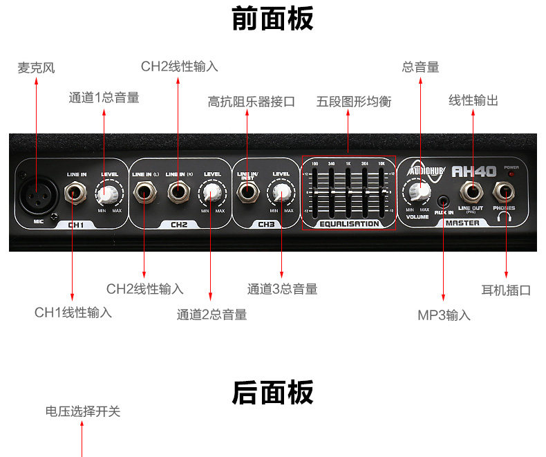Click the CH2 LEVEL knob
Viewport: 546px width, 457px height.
(x=211, y=192)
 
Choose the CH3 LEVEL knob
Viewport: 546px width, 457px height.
(x=281, y=192)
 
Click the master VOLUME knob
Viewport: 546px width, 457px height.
(x=418, y=192)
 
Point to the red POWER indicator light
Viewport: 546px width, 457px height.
(x=511, y=174)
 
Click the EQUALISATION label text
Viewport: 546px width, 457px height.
(x=349, y=224)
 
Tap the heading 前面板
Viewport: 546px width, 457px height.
(x=272, y=19)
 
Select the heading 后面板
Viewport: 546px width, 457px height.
(x=272, y=393)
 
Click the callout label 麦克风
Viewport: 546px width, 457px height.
(x=36, y=68)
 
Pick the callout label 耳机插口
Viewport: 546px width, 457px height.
(x=506, y=290)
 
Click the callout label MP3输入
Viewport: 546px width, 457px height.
(x=444, y=315)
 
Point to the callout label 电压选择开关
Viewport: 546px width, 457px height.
(x=83, y=411)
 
